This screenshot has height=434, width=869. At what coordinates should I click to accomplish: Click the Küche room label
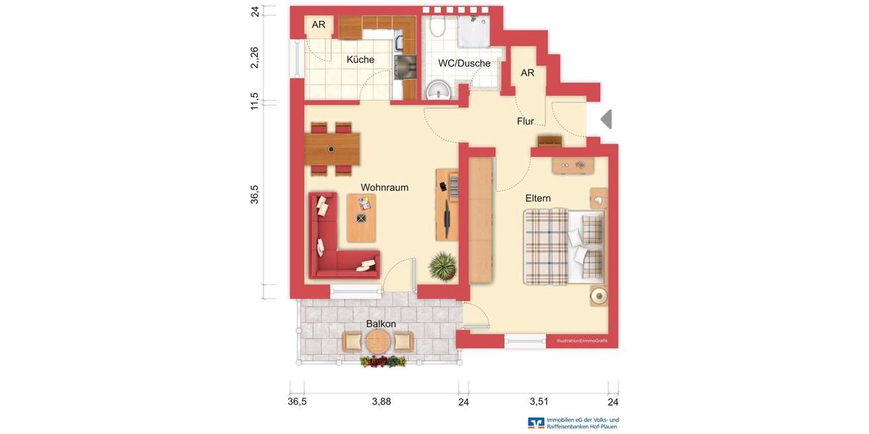click(360, 60)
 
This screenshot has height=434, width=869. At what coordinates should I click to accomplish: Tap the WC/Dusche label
click(464, 64)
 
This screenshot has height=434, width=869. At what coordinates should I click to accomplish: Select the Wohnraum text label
click(385, 187)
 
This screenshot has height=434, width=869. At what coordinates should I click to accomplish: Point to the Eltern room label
click(538, 198)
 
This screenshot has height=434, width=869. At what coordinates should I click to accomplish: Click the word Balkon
click(381, 324)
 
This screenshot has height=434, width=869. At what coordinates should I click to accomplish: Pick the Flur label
click(525, 122)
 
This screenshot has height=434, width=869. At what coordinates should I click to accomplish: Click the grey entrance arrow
click(606, 119)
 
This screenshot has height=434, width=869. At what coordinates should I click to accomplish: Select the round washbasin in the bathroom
click(438, 90)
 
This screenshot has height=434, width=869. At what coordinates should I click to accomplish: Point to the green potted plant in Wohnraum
click(442, 266)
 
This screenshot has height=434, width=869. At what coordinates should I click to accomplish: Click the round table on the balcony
click(377, 341)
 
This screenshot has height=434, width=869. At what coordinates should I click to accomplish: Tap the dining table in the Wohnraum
click(332, 149)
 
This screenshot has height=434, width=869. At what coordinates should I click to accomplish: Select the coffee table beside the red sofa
click(361, 218)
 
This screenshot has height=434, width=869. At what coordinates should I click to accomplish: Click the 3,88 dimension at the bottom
click(381, 402)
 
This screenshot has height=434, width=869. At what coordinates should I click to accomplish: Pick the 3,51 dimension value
click(539, 402)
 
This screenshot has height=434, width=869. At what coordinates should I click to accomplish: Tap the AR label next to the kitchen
click(319, 25)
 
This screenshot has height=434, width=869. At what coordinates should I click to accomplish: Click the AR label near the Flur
click(527, 73)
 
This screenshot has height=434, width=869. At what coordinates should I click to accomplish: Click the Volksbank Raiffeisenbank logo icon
click(536, 423)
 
